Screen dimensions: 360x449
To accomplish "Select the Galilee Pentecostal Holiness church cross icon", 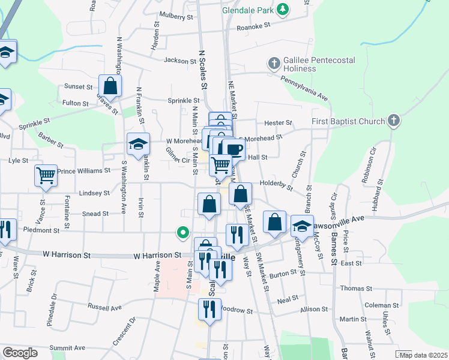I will pyautogui.click(x=274, y=63).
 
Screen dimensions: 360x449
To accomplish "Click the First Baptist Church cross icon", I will pyautogui.click(x=393, y=122).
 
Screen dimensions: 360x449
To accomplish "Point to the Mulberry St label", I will pyautogui.click(x=176, y=17).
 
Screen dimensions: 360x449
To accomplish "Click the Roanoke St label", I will pyautogui.click(x=255, y=26).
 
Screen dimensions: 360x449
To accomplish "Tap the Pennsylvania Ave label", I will pyautogui.click(x=304, y=88).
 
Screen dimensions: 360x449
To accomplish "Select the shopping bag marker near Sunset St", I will pyautogui.click(x=110, y=85).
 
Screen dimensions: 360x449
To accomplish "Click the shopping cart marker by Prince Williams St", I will pyautogui.click(x=46, y=175).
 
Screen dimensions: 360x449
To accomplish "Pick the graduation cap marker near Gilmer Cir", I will pyautogui.click(x=138, y=144).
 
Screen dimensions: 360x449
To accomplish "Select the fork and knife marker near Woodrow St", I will pyautogui.click(x=209, y=309).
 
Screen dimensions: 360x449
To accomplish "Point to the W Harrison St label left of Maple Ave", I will pyautogui.click(x=67, y=255).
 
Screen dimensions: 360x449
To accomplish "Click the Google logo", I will pyautogui.click(x=20, y=353).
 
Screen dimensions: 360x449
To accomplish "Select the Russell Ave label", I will pyautogui.click(x=104, y=307).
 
